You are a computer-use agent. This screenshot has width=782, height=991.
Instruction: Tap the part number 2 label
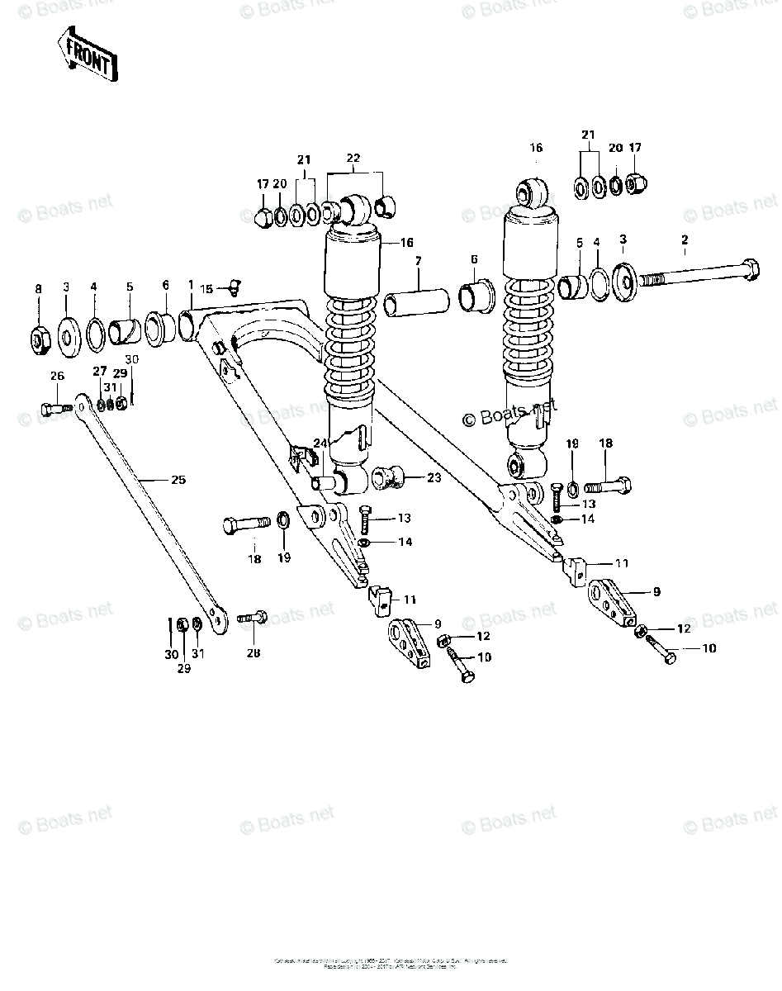(x=684, y=240)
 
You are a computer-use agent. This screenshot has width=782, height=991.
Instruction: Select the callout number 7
(x=419, y=261)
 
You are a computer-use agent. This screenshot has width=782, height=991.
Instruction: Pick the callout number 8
(x=38, y=287)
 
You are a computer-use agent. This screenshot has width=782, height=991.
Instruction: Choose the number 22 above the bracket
(x=353, y=159)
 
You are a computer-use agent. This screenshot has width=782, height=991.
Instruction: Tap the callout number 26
(x=56, y=377)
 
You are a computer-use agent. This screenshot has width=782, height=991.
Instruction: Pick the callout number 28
(x=253, y=652)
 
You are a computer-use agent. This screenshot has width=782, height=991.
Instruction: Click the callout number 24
(x=320, y=443)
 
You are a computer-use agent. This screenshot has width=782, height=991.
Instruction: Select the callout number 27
(x=99, y=371)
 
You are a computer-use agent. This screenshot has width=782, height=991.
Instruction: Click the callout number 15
(x=206, y=288)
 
